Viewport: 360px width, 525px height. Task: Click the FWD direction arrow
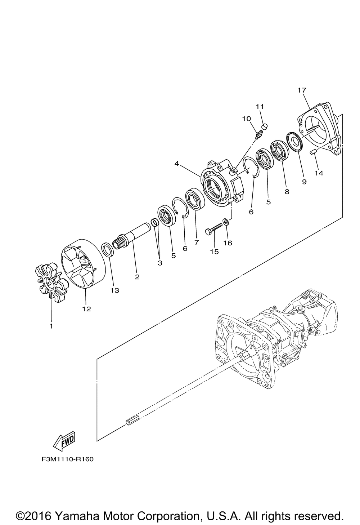click(x=64, y=441)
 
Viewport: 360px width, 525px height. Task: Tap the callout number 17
click(x=302, y=90)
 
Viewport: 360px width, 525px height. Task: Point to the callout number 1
click(x=51, y=326)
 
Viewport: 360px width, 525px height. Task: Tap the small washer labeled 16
click(x=226, y=221)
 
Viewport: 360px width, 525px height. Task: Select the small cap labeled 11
click(x=265, y=126)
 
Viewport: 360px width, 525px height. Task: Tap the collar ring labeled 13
click(x=108, y=250)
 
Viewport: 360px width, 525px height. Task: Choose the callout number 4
click(x=177, y=164)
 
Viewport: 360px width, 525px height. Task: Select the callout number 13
click(x=115, y=290)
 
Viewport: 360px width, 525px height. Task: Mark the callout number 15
click(x=214, y=252)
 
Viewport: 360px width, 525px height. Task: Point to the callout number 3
click(x=160, y=263)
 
